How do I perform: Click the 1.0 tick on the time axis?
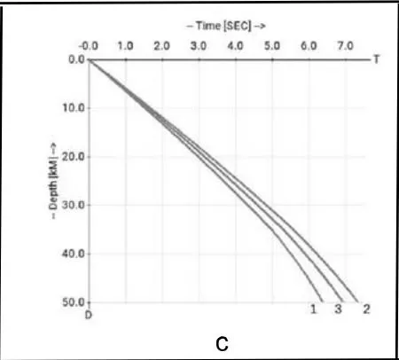click(x=125, y=46)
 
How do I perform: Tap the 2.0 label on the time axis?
click(x=161, y=46)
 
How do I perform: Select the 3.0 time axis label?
click(x=199, y=46)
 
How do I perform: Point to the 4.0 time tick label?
click(x=235, y=46)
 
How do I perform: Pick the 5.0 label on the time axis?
click(x=272, y=46)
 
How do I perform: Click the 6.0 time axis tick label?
click(x=309, y=46)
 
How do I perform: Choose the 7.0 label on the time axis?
click(x=346, y=46)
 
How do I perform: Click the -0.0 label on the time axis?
click(x=88, y=46)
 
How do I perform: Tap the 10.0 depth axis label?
click(x=74, y=108)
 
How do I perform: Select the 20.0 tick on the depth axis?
click(x=74, y=157)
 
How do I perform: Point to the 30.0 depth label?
click(x=74, y=205)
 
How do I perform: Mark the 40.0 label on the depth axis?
click(x=74, y=254)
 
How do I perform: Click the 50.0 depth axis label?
click(x=74, y=302)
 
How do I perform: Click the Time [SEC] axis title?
click(x=226, y=26)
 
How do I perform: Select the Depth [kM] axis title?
click(x=53, y=181)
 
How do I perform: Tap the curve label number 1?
click(x=314, y=309)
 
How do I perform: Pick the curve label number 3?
click(x=338, y=309)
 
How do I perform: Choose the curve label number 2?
click(x=366, y=309)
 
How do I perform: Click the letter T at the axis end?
click(x=376, y=59)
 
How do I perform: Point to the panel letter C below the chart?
click(x=222, y=344)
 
